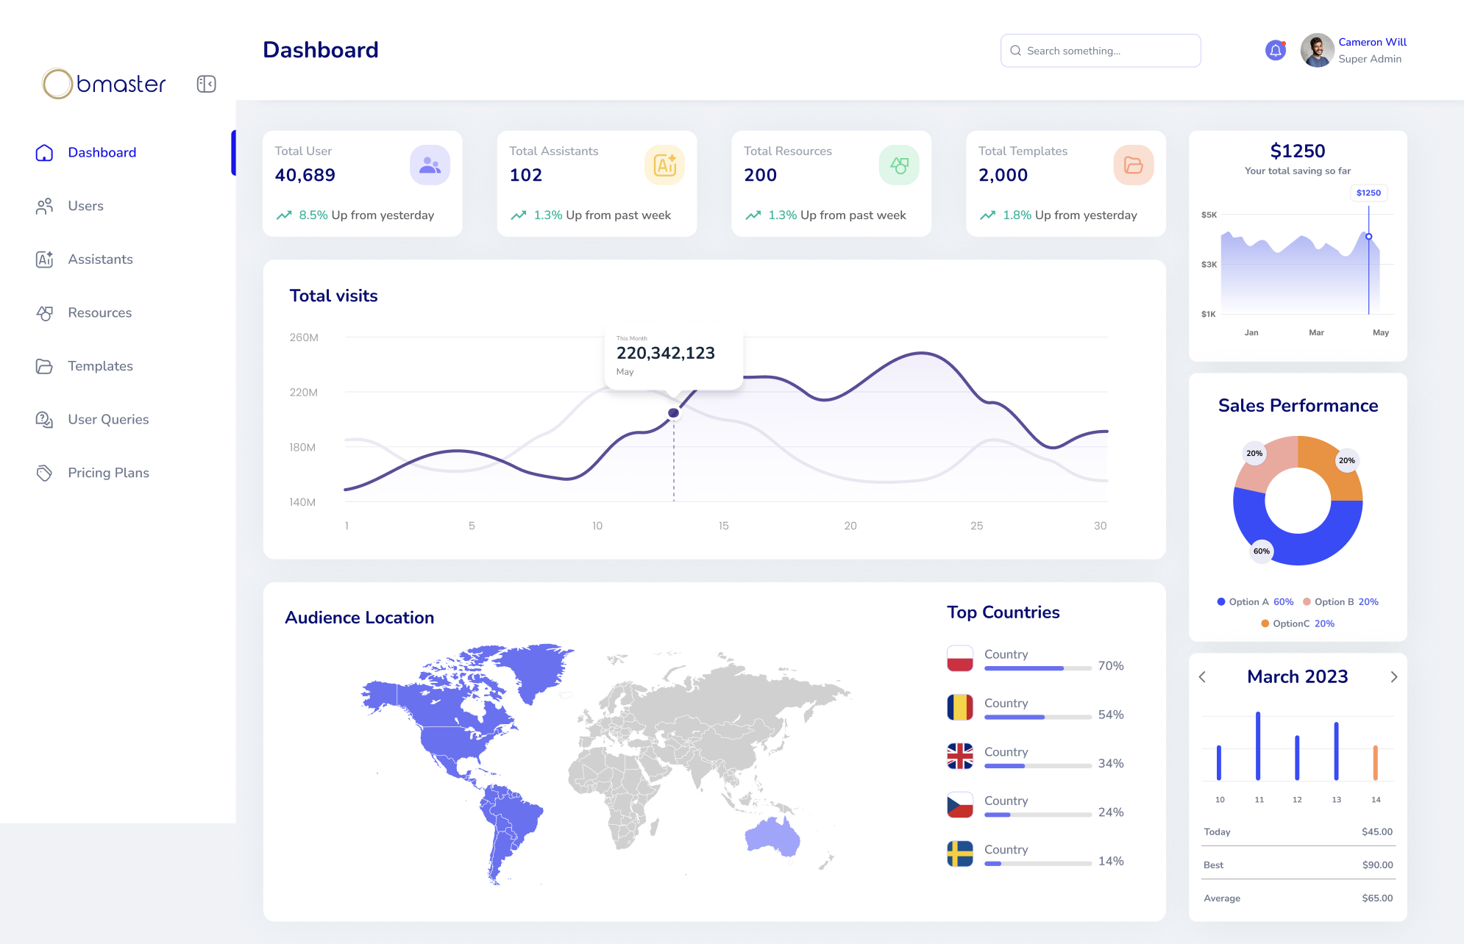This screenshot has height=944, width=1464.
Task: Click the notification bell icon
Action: click(x=1275, y=51)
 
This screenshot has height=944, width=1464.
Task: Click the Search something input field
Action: click(x=1101, y=51)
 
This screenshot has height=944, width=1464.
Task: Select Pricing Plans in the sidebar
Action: click(x=108, y=473)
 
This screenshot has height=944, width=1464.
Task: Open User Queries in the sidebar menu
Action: click(x=108, y=419)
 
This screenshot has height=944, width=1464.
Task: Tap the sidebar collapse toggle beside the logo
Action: click(x=206, y=84)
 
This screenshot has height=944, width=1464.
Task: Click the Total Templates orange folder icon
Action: click(x=1133, y=165)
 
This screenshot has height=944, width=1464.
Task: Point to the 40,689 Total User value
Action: click(x=305, y=175)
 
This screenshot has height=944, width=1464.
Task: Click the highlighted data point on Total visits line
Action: click(x=673, y=413)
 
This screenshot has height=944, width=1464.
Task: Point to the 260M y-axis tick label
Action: click(x=304, y=337)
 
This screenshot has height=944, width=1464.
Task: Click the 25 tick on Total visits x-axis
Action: click(x=976, y=526)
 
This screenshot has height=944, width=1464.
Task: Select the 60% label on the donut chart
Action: click(x=1261, y=551)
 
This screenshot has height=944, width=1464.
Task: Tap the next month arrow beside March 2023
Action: click(x=1393, y=677)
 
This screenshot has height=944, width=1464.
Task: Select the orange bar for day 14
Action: click(x=1375, y=762)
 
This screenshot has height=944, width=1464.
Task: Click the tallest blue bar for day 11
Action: click(x=1258, y=745)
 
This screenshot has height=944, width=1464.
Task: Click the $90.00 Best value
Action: click(x=1377, y=865)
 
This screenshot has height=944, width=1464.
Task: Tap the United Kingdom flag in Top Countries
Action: click(x=960, y=756)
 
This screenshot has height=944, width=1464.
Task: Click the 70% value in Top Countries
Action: click(x=1110, y=666)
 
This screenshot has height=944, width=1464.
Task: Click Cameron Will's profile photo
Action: click(x=1317, y=51)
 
